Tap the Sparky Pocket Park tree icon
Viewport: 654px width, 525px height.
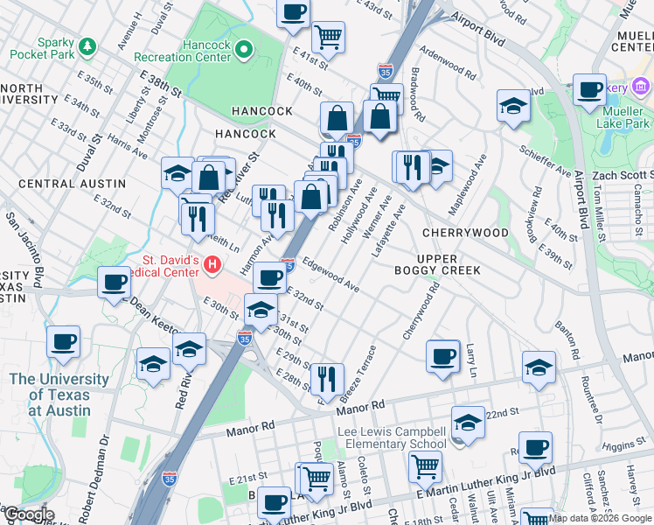(87, 45)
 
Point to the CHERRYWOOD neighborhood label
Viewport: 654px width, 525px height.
(464, 233)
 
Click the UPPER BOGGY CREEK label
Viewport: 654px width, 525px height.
(449, 263)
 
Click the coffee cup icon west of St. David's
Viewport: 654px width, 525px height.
(114, 283)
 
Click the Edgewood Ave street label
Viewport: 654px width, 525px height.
(330, 274)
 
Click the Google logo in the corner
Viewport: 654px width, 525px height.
(28, 514)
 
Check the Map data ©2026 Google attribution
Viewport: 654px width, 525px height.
(600, 517)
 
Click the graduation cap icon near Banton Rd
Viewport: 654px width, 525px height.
(539, 369)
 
